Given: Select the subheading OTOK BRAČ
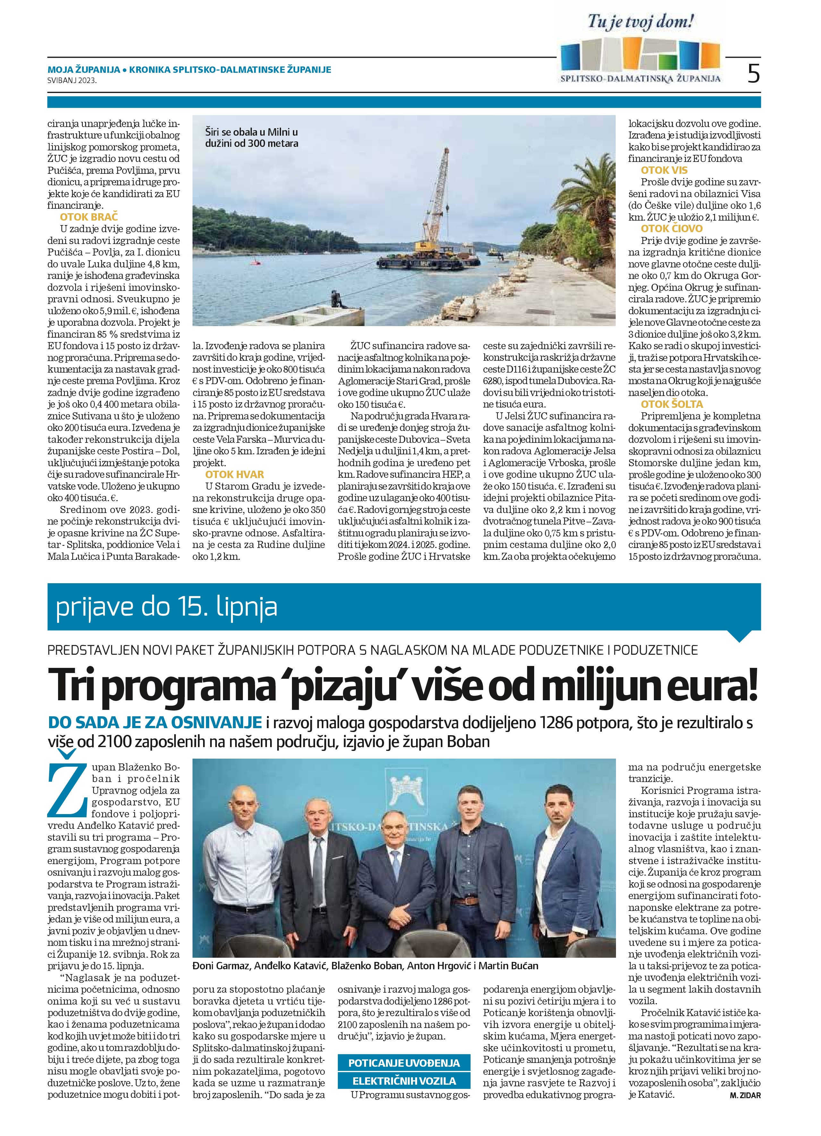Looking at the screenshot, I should click(x=89, y=217).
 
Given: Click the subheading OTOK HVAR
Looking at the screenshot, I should click(x=235, y=474).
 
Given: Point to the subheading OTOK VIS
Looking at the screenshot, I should click(x=664, y=170).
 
